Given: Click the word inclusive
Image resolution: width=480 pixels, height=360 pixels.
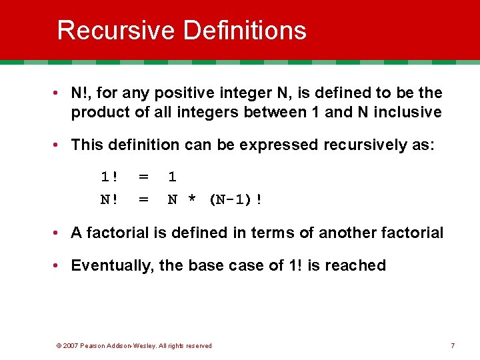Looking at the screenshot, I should tap(407, 113).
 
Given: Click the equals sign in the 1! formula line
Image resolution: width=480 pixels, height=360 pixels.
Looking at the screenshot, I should tap(143, 177).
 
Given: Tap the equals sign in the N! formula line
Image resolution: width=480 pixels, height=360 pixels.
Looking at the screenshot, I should tap(143, 199).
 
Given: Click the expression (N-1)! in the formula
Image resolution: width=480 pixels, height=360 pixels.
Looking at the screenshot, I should tap(235, 199).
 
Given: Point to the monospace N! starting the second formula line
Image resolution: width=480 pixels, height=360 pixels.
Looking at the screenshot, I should tap(109, 199).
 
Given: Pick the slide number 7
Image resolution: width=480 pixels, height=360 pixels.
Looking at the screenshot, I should tap(453, 345).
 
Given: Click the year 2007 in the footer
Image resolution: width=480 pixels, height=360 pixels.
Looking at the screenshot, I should tap(71, 345).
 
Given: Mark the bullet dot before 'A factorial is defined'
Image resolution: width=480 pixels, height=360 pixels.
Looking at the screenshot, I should tap(59, 233).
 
